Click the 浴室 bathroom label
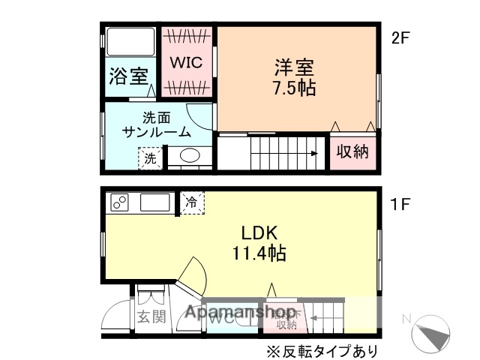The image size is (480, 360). coord(128,76)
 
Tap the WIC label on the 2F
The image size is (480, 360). coord(184,63)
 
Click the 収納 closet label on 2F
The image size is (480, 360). coord(352,151)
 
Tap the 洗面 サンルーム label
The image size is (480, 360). coord(156,124)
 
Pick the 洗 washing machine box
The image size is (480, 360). coord(150,158)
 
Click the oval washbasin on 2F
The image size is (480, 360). coord(190,156)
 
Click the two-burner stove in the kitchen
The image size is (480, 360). coord(120,202)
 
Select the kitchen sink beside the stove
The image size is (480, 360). coord(154,202)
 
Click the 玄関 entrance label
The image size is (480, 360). coord(150,316)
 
